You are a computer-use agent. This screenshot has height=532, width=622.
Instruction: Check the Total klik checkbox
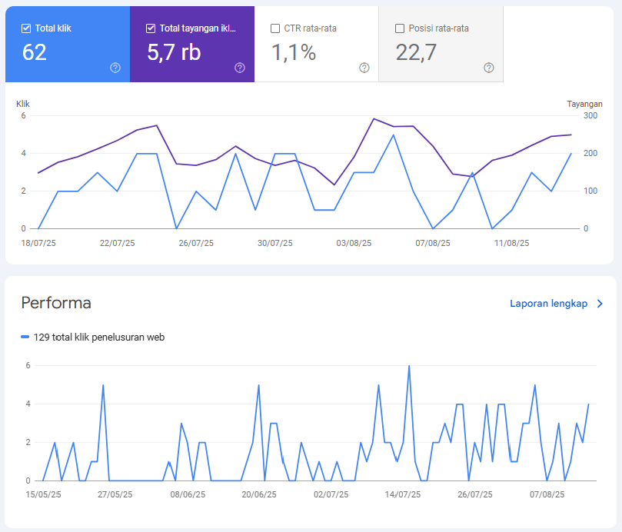(28, 28)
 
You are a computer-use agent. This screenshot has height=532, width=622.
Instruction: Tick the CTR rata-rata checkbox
(275, 28)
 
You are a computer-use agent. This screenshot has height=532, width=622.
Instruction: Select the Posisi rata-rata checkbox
(400, 28)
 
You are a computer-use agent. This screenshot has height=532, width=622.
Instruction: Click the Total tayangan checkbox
(151, 28)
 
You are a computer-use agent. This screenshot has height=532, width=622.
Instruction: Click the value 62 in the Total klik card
(35, 52)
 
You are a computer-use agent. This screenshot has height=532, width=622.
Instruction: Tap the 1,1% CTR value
(292, 52)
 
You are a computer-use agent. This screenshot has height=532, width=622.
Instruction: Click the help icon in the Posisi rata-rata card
(489, 68)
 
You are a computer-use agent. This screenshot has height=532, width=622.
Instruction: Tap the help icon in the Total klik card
(115, 68)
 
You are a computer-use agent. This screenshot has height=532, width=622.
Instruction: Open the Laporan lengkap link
(549, 304)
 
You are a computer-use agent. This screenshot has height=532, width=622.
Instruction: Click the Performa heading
(56, 303)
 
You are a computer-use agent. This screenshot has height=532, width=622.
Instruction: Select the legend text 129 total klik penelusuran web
(98, 337)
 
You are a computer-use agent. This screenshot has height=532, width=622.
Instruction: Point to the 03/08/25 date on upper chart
(354, 243)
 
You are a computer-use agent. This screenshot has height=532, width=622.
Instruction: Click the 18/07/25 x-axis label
(38, 243)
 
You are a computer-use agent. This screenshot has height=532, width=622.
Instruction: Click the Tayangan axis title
(584, 104)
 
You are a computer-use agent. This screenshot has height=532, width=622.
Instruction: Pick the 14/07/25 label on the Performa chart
(402, 495)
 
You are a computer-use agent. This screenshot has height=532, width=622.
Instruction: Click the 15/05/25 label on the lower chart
(43, 495)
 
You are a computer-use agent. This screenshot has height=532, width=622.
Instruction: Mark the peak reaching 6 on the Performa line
(409, 366)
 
